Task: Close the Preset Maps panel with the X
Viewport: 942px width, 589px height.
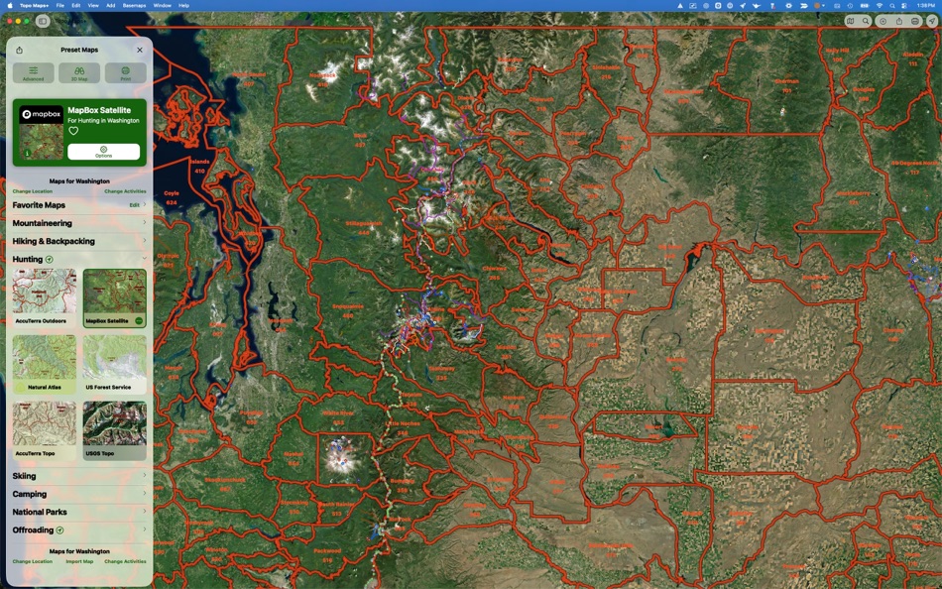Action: pos(140,50)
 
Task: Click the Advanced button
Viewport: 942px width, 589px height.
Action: pos(33,73)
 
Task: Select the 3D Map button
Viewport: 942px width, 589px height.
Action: pos(79,73)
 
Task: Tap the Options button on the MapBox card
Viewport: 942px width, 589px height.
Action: pos(104,152)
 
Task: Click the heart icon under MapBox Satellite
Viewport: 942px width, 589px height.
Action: pos(73,131)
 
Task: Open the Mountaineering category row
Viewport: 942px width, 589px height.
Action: pos(78,223)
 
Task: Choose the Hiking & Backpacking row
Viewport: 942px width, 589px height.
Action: pos(78,241)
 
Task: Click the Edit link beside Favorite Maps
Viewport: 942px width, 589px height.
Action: pos(134,205)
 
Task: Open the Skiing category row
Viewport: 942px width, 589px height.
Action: pos(78,476)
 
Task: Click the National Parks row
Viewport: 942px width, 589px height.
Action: pos(78,512)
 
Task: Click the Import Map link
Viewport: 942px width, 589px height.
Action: pos(79,561)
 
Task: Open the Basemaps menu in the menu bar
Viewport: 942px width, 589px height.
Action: pos(134,5)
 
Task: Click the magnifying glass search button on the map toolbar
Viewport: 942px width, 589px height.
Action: pos(866,21)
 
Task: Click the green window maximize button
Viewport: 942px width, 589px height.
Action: pos(28,21)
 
